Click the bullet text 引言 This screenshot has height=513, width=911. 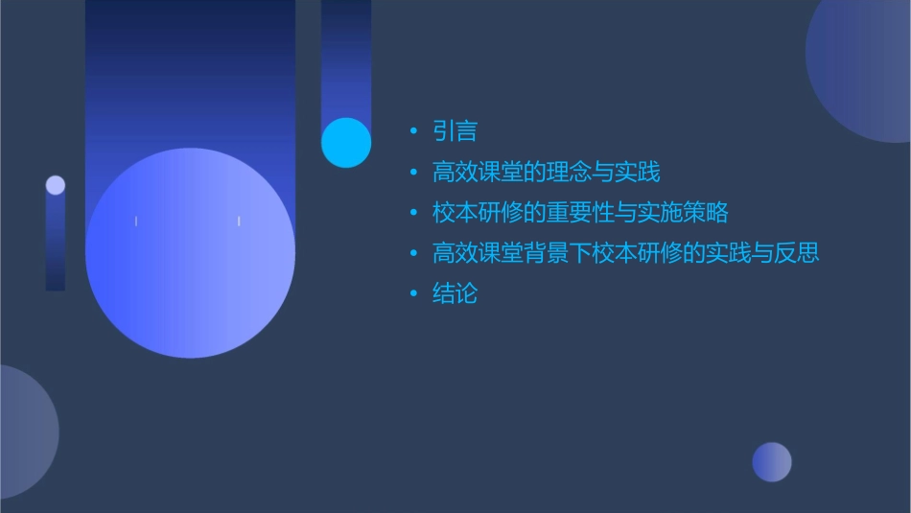point(455,131)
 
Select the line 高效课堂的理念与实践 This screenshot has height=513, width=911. point(546,173)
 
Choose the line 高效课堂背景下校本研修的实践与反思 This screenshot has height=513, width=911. point(625,253)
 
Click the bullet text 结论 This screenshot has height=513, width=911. point(455,293)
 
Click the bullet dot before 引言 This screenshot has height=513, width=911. point(413,132)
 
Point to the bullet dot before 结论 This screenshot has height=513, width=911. point(413,294)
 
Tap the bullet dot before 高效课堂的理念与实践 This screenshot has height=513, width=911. point(413,174)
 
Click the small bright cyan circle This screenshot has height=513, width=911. point(346,143)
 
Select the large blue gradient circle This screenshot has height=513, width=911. point(190,253)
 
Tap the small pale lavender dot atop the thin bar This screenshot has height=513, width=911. point(56,185)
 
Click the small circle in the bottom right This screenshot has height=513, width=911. point(772,462)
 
